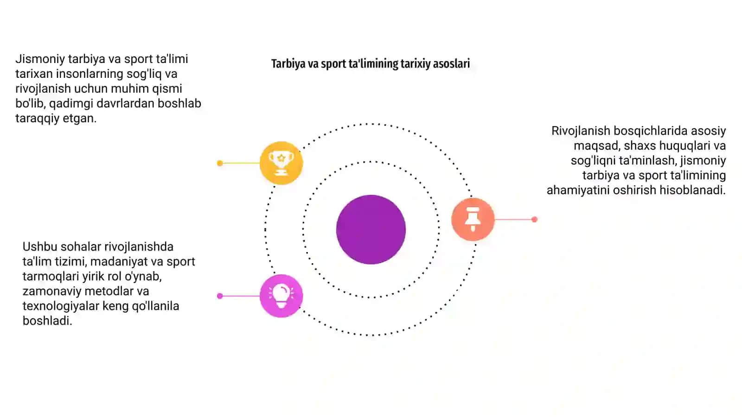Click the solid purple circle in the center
(371, 229)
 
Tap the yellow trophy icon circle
(281, 163)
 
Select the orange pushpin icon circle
(473, 219)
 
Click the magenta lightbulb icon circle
(281, 296)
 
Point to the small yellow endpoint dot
(220, 163)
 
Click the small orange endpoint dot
(534, 219)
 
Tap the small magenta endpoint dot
(220, 296)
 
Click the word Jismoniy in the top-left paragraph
(40, 59)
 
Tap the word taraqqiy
(38, 119)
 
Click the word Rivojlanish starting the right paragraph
(581, 131)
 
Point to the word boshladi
(47, 321)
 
